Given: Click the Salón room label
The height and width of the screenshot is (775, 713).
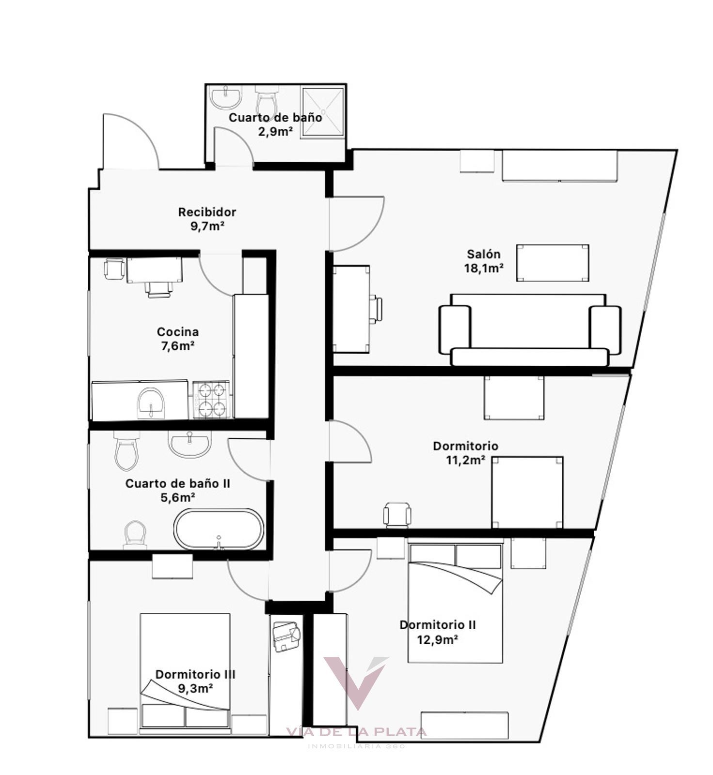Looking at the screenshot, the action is tap(483, 254).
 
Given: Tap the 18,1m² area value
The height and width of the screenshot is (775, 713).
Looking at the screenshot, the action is tap(484, 268).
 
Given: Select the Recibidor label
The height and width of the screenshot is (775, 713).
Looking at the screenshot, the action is tap(207, 212).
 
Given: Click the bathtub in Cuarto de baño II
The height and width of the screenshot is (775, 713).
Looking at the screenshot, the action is tap(219, 529).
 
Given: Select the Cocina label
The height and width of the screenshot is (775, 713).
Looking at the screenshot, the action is tap(177, 332).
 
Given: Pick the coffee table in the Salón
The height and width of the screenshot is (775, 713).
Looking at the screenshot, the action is tap(553, 263).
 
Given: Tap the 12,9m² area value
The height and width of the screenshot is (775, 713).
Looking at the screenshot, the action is tap(438, 639).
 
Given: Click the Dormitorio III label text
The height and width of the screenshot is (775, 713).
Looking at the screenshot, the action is tap(195, 674).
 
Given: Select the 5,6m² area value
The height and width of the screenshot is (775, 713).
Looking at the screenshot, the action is tap(177, 497).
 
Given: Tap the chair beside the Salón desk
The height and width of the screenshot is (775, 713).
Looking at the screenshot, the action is tap(376, 309).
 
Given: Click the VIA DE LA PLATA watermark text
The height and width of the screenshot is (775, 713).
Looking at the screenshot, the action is tap(356, 732).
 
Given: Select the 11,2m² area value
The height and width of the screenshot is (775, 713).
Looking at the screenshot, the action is tap(466, 460).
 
